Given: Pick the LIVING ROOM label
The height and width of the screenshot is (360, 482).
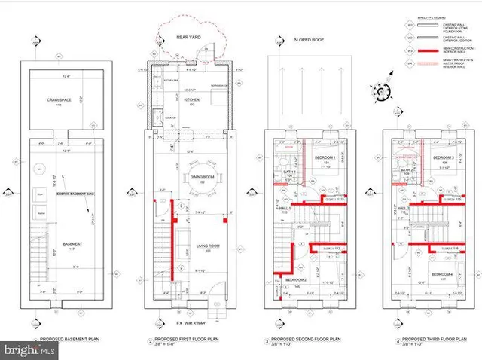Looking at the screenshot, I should [x=197, y=246].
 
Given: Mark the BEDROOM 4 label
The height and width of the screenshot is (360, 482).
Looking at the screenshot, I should [x=442, y=274].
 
